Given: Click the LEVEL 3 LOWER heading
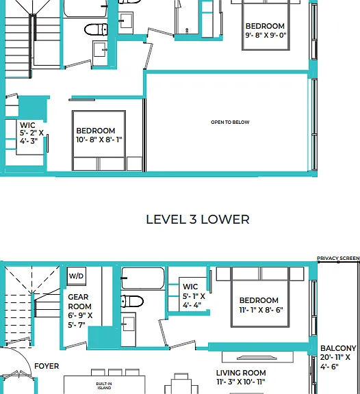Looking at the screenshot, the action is [198, 220].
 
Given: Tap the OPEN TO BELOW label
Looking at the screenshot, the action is [230, 122].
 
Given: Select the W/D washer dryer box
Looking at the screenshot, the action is [77, 276].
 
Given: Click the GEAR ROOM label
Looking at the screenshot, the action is [79, 302].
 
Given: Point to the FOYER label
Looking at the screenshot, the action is [47, 366].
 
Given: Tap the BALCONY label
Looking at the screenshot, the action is [338, 348].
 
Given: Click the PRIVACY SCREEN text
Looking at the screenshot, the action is [338, 259].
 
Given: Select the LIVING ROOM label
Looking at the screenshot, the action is [241, 373].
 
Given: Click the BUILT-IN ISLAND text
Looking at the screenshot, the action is [104, 386].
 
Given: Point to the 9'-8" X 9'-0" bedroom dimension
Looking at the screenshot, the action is [266, 35].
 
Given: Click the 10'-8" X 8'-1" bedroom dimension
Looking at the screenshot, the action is [99, 140].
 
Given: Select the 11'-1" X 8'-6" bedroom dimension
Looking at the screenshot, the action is [261, 310].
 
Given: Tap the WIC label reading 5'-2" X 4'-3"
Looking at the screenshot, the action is [31, 133].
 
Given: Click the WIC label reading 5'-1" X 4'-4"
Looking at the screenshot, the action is [194, 296].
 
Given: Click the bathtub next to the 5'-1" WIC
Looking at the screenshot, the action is [143, 278].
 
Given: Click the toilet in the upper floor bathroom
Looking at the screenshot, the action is [96, 29].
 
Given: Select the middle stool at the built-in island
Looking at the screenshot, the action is [115, 372].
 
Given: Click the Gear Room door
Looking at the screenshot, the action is [76, 345].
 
